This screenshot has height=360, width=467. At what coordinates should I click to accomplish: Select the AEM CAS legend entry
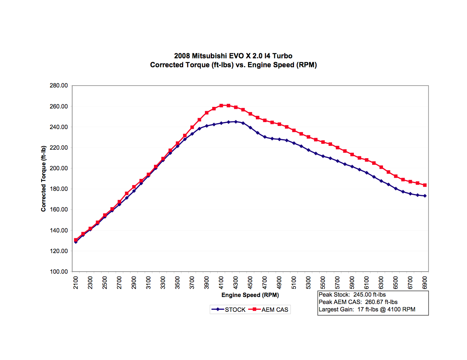tap(275, 310)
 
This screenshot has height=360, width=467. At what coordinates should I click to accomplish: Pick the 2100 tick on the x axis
tap(76, 283)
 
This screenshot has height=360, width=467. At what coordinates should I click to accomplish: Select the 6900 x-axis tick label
tap(425, 283)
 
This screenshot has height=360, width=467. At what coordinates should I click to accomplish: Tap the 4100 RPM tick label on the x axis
tap(221, 283)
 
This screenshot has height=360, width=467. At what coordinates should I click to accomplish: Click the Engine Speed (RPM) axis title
tap(250, 295)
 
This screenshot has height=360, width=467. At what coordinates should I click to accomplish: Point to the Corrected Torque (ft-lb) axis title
tap(44, 178)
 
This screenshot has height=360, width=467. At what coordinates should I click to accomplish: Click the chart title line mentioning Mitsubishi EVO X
tap(233, 57)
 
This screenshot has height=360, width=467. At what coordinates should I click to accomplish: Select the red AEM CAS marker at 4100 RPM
tap(221, 105)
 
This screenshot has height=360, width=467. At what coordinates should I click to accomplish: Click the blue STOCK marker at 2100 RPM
tap(76, 242)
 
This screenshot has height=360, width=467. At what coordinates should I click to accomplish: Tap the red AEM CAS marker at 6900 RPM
tap(425, 185)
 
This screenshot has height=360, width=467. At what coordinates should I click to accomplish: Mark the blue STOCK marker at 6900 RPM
tap(425, 196)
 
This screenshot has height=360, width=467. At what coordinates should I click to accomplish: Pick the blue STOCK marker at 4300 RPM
tap(236, 122)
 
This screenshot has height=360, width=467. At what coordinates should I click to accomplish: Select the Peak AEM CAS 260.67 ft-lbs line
tap(358, 302)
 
